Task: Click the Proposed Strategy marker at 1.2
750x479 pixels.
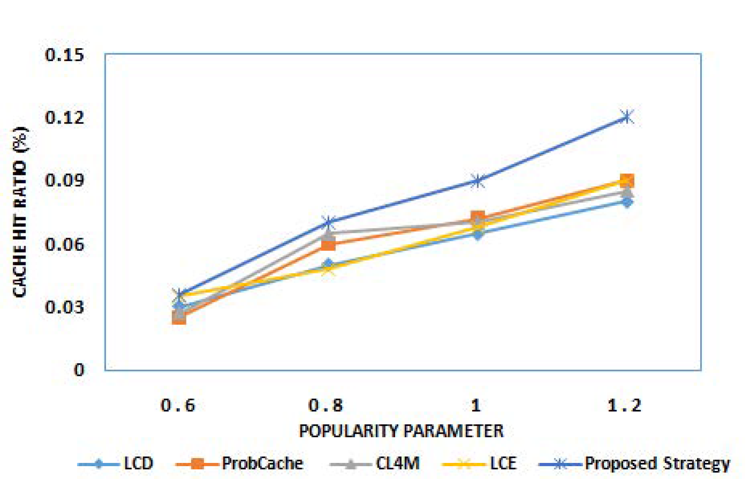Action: (x=626, y=117)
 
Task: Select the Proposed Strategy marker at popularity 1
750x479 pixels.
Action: (x=477, y=181)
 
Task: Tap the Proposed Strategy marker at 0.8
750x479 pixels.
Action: (x=328, y=222)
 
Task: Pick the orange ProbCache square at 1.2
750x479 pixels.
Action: (x=626, y=181)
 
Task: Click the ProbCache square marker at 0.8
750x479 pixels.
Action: (x=328, y=244)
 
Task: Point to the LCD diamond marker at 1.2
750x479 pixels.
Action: (x=627, y=202)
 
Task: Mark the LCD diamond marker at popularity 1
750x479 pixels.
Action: (x=477, y=234)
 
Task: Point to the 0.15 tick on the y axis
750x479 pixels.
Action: (x=65, y=55)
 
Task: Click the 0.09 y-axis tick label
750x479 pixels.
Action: (x=65, y=180)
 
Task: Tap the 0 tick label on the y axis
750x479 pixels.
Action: (x=79, y=370)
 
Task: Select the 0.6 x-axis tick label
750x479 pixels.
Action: (x=178, y=405)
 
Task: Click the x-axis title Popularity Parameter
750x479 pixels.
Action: (x=401, y=431)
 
